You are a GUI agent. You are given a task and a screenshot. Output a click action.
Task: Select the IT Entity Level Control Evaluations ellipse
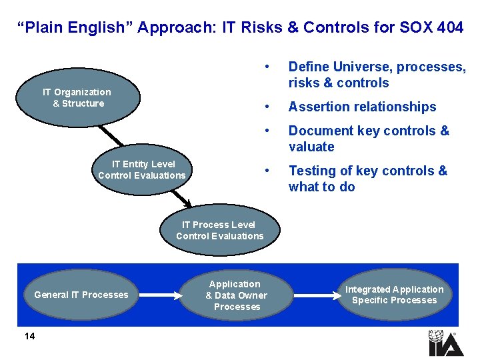(x=142, y=170)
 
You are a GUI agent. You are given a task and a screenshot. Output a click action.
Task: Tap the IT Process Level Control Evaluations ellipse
(x=219, y=231)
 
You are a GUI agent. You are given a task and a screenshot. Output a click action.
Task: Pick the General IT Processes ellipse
(x=81, y=295)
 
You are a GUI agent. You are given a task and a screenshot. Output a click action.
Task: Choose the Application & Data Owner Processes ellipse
(x=236, y=295)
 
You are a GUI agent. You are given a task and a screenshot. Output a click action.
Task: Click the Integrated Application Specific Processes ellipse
(x=394, y=295)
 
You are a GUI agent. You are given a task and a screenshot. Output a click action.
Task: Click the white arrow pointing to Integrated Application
(x=313, y=295)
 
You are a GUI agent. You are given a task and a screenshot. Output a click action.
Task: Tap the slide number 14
(x=29, y=336)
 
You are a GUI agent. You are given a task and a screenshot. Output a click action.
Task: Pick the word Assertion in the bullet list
(x=318, y=107)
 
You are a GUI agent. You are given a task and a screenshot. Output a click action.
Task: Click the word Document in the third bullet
(x=320, y=131)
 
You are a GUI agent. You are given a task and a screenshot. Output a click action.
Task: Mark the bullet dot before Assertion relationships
(x=267, y=107)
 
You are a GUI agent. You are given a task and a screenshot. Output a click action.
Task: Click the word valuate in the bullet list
(x=311, y=147)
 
